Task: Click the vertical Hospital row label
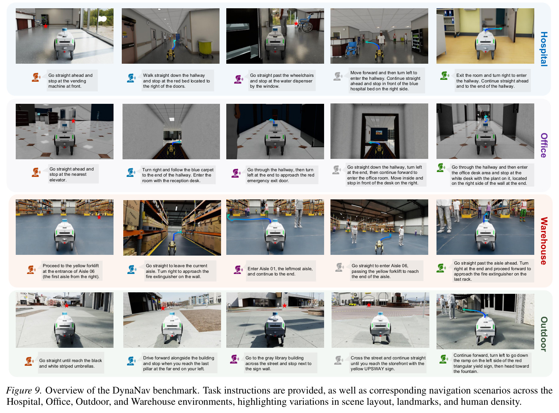544,49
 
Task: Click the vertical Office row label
544,145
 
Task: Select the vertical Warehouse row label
544,241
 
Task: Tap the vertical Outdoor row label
544,334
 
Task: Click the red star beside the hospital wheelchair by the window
296,24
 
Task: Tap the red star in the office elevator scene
73,121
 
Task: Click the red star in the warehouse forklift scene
99,217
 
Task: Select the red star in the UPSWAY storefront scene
369,305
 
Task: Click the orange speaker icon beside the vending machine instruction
36,77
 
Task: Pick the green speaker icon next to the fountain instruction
444,359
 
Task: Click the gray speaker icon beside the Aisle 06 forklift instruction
339,267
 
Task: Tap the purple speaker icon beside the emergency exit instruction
236,173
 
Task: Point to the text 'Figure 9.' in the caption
24,390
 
